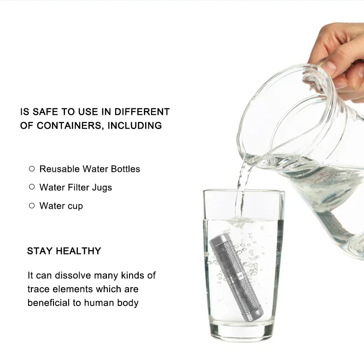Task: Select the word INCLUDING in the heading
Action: pos(135,125)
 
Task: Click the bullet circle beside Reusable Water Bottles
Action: pos(32,169)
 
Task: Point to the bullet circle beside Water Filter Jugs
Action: pos(32,187)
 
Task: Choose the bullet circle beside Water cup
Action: pos(32,206)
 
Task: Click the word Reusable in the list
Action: pos(59,169)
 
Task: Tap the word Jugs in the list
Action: pos(102,188)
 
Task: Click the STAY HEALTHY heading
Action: pos(64,251)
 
